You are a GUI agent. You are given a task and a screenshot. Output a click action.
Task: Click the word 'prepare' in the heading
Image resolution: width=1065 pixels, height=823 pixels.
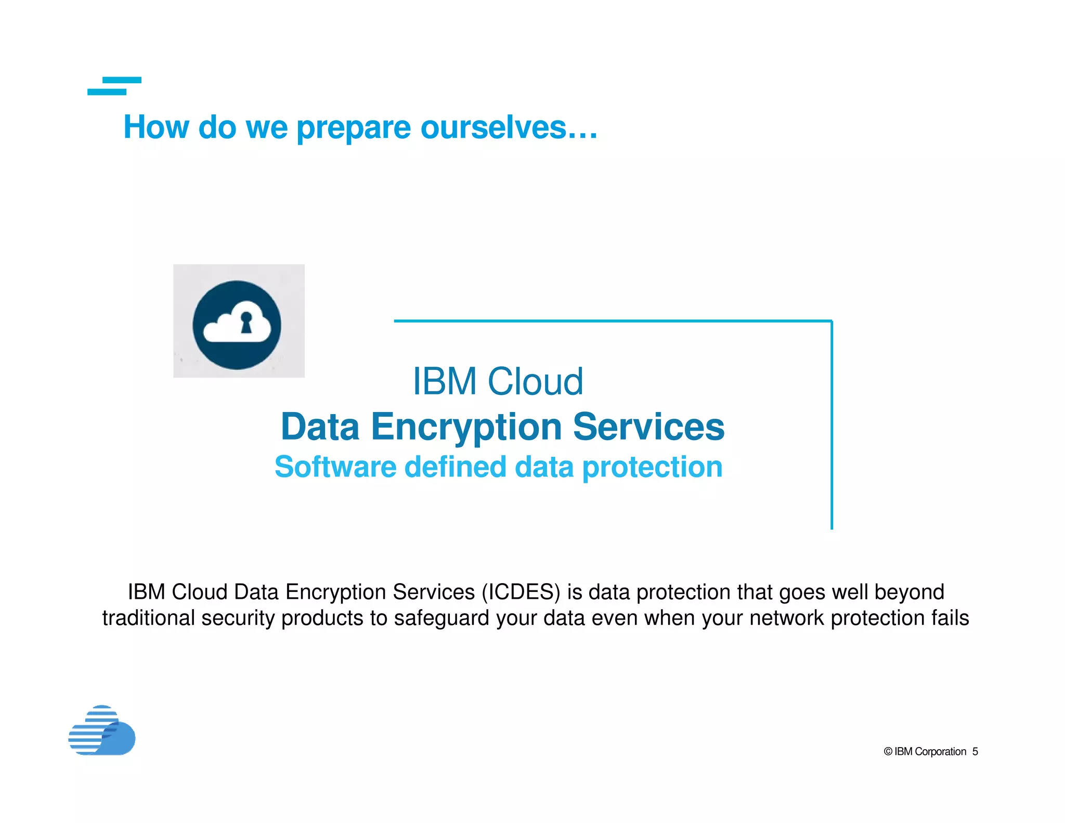(354, 128)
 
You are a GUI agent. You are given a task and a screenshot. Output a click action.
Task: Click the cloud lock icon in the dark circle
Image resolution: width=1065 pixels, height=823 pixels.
(237, 325)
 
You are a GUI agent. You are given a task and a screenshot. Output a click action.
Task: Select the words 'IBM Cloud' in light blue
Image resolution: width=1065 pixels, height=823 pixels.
(498, 381)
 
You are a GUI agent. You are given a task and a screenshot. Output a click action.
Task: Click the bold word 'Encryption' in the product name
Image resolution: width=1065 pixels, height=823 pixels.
(466, 427)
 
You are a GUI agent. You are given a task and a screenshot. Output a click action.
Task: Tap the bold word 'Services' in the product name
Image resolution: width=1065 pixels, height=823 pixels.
(648, 427)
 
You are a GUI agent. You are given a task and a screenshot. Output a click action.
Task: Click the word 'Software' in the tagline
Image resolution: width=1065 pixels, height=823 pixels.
(335, 467)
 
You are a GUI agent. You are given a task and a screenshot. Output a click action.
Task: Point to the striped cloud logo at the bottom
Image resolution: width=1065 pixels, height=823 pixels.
(102, 730)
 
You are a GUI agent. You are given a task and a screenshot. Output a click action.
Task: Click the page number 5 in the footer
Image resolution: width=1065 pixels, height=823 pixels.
(975, 752)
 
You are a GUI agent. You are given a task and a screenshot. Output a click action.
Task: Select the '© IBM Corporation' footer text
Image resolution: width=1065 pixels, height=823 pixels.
(925, 752)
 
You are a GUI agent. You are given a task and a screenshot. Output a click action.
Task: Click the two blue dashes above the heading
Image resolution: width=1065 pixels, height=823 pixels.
(114, 86)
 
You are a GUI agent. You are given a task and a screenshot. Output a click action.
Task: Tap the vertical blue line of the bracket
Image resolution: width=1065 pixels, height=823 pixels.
(832, 427)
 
